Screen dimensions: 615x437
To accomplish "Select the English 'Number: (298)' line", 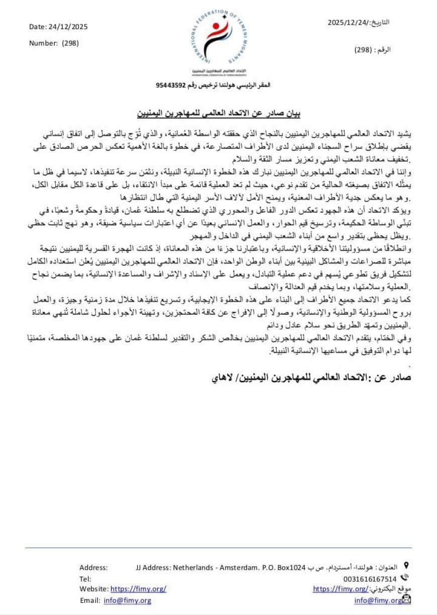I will coord(54,43).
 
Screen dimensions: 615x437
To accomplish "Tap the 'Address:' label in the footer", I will coord(93,567).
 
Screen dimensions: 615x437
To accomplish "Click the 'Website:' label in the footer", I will coord(94,589).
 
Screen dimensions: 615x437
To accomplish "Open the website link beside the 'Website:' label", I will coord(138,589).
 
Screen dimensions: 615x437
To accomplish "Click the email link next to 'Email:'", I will coord(128,600).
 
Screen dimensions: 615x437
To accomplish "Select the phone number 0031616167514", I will coord(370,579).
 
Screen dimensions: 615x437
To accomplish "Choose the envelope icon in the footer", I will coord(407,599).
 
